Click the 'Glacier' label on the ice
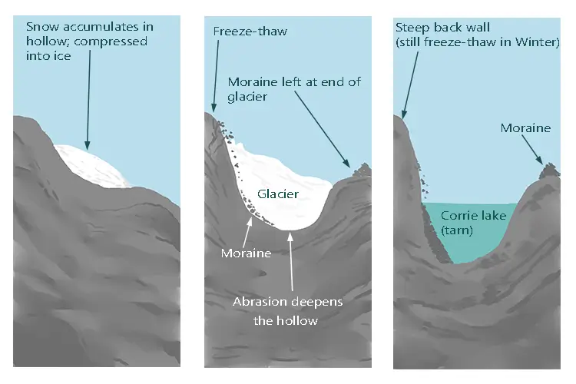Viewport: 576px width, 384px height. tap(278, 194)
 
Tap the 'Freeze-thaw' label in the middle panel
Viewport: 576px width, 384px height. tap(250, 31)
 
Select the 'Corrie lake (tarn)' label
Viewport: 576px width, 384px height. tap(474, 223)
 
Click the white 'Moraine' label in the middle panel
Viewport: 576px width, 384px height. tap(246, 253)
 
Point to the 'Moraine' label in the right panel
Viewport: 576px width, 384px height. tap(525, 128)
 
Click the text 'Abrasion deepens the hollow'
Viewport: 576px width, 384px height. tap(287, 311)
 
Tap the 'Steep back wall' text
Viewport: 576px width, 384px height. tap(442, 27)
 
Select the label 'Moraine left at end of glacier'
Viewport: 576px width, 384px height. tap(294, 89)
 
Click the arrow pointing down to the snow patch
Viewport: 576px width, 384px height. tap(88, 100)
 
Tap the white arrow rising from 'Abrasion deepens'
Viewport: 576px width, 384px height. tap(291, 261)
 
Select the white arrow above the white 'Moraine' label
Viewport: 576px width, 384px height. tap(247, 231)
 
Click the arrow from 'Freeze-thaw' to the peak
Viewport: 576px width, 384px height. tap(216, 76)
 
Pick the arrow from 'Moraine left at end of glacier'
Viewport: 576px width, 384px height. tap(322, 129)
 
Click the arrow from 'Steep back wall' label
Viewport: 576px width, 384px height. tap(410, 85)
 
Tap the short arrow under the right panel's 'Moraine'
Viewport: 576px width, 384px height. tap(532, 150)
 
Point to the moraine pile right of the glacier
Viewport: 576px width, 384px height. tap(362, 170)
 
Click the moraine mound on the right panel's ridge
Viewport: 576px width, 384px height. tap(549, 170)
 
